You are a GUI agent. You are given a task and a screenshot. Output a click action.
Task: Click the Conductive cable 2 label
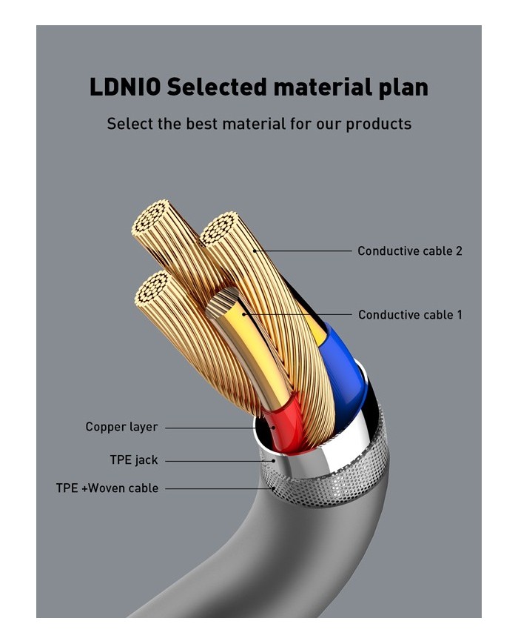pyautogui.click(x=409, y=251)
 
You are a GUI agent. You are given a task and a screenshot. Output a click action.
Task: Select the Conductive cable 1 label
pyautogui.click(x=410, y=315)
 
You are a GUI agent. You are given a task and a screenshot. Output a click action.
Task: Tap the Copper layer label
pyautogui.click(x=121, y=427)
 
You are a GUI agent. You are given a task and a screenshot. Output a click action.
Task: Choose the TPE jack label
pyautogui.click(x=134, y=460)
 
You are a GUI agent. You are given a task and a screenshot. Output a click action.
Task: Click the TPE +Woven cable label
pyautogui.click(x=107, y=488)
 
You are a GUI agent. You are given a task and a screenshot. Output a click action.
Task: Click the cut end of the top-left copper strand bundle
pyautogui.click(x=154, y=220)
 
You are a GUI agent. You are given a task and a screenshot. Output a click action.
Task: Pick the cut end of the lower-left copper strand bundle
pyautogui.click(x=153, y=291)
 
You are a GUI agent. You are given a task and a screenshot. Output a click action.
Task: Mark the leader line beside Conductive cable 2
pyautogui.click(x=303, y=251)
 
